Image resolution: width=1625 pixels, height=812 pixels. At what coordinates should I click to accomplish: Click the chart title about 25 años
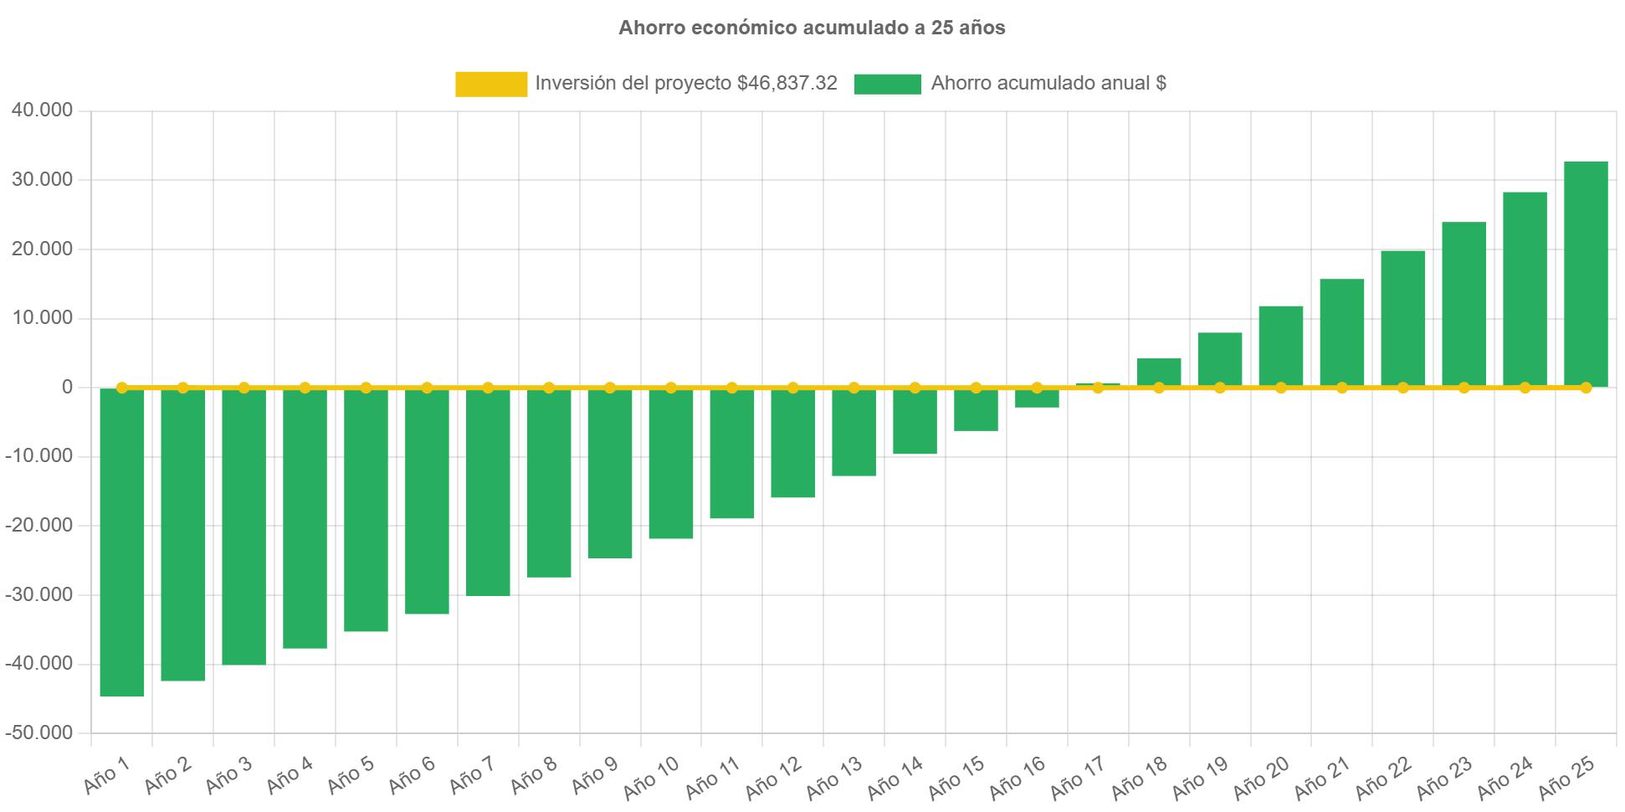pyautogui.click(x=812, y=28)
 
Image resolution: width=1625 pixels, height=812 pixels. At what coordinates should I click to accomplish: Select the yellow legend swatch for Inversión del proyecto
pyautogui.click(x=491, y=84)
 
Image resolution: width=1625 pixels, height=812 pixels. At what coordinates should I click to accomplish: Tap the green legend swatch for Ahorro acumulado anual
pyautogui.click(x=888, y=84)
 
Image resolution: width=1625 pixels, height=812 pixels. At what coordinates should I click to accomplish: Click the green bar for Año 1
pyautogui.click(x=122, y=542)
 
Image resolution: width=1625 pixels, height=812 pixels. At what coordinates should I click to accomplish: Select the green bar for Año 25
pyautogui.click(x=1586, y=273)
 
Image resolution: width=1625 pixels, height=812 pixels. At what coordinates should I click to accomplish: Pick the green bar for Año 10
pyautogui.click(x=671, y=463)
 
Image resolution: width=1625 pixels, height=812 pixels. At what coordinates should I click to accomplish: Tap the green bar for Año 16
pyautogui.click(x=1037, y=398)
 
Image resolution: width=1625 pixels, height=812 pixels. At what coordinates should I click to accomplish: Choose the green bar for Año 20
pyautogui.click(x=1281, y=345)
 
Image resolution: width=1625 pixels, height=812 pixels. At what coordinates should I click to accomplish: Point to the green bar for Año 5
pyautogui.click(x=366, y=510)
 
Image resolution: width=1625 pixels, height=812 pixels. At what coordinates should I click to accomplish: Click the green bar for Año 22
pyautogui.click(x=1403, y=318)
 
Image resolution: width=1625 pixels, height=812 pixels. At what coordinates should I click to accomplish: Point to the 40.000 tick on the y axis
pyautogui.click(x=42, y=110)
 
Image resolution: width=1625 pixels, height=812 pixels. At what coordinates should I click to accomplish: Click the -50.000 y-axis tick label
pyautogui.click(x=39, y=732)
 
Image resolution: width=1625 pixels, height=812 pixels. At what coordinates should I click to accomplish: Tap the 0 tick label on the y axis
pyautogui.click(x=67, y=387)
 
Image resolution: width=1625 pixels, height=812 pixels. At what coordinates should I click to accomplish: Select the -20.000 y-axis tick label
pyautogui.click(x=39, y=525)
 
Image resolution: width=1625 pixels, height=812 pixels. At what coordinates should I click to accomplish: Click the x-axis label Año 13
pyautogui.click(x=834, y=778)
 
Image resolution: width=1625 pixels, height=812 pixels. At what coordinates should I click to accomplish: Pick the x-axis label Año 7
pyautogui.click(x=473, y=775)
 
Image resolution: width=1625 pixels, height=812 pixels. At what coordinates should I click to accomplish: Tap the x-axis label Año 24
pyautogui.click(x=1505, y=778)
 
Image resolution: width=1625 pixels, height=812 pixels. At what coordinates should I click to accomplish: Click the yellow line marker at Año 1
pyautogui.click(x=122, y=388)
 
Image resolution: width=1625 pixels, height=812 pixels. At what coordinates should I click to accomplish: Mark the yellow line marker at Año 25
pyautogui.click(x=1586, y=388)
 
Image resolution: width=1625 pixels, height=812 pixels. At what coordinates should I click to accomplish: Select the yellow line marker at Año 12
pyautogui.click(x=793, y=388)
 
